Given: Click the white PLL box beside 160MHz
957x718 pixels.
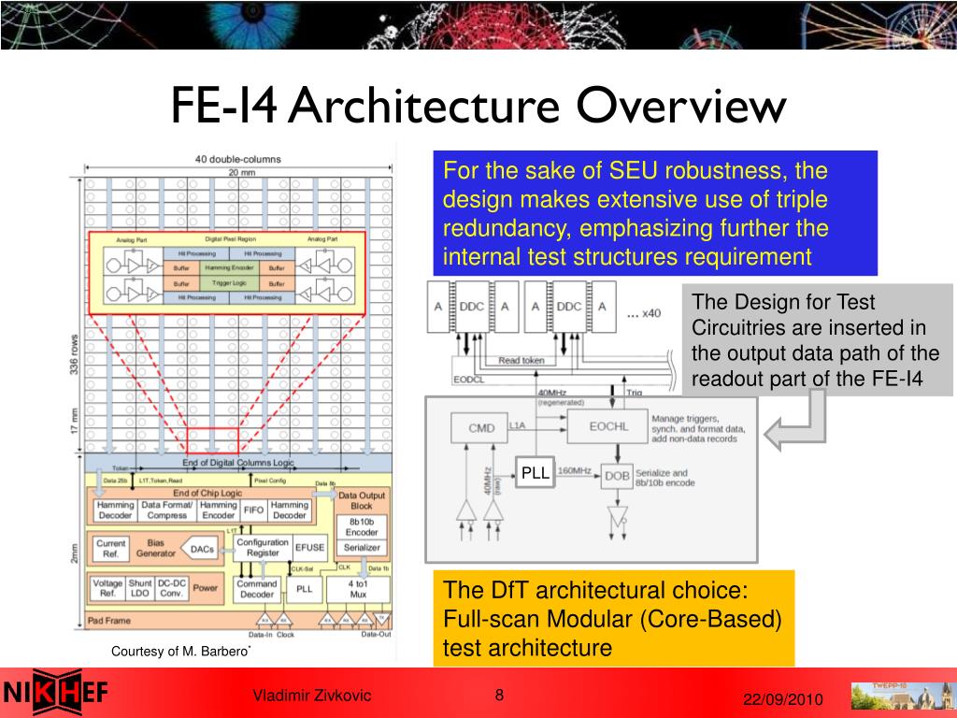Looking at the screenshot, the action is pos(536,473).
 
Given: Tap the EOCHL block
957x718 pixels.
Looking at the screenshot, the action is pos(609,427).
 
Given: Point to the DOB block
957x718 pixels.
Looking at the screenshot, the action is pos(617,476).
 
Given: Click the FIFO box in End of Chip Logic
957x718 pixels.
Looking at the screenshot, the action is pos(253,510).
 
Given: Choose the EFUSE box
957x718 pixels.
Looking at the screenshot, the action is pos(309,548).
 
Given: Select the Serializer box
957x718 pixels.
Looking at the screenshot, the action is pos(362,548).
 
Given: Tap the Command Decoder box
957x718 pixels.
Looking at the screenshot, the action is pos(256,589).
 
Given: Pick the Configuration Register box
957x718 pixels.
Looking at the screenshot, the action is pos(263,548).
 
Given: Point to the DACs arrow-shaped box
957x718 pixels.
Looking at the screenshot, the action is pos(201,550).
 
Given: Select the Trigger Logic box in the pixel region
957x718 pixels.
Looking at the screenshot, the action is pos(229,282).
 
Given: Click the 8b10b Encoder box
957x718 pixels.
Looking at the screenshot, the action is pos(362,525).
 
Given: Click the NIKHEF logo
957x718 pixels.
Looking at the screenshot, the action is pos(56,693).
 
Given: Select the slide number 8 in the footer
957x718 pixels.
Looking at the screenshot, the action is pos(499,695).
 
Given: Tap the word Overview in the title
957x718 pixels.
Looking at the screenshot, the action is pos(679,106).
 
